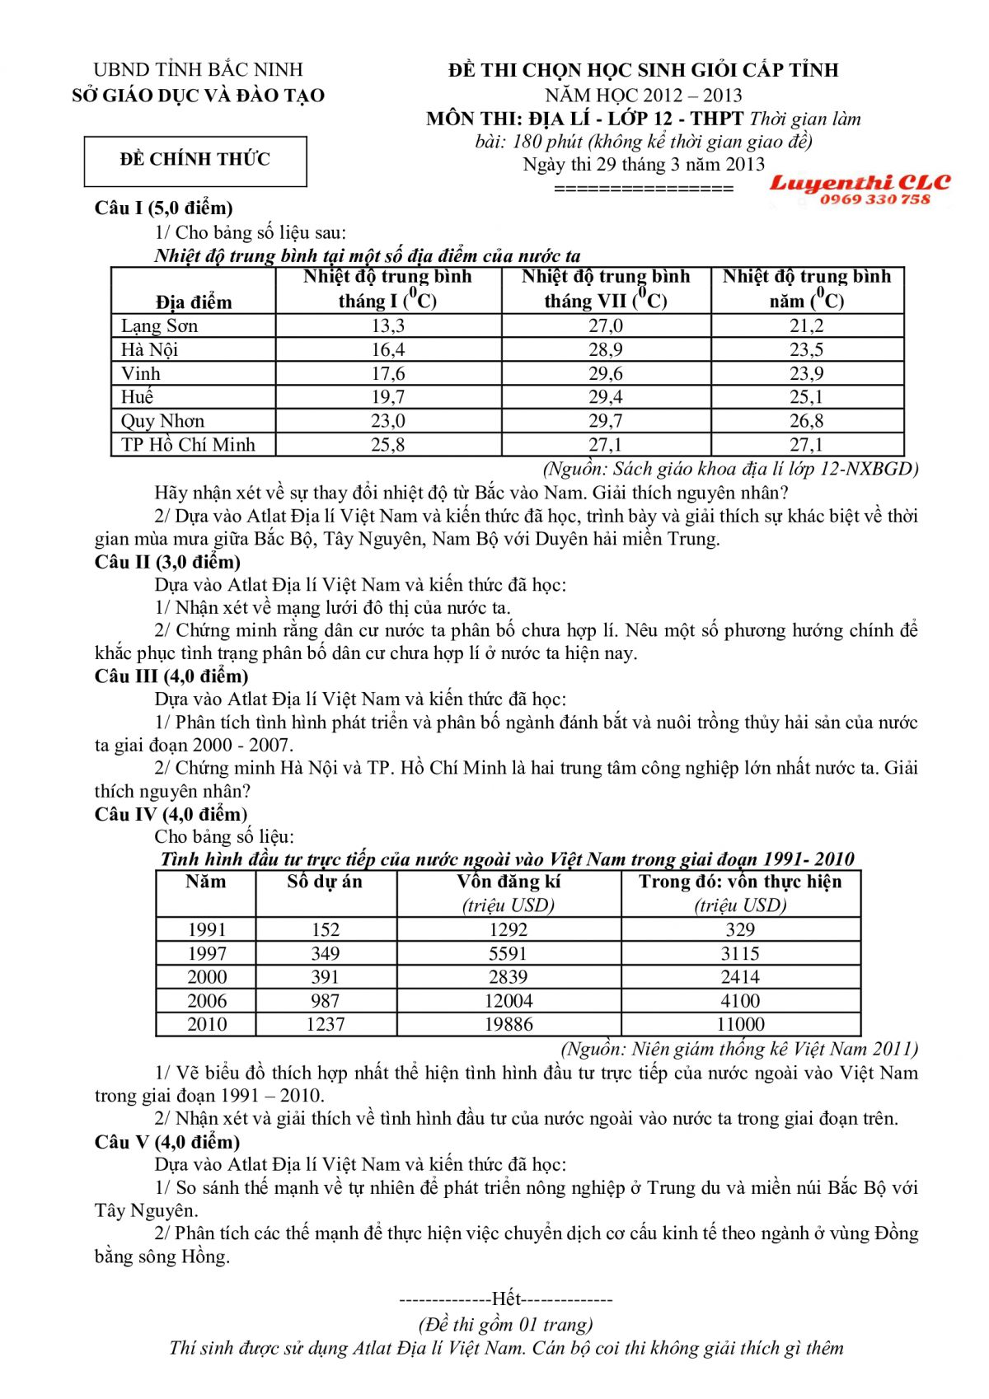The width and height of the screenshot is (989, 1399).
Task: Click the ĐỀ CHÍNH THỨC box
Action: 195,160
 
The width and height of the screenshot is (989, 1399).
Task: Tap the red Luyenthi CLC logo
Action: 860,183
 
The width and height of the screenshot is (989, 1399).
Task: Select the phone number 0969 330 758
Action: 874,199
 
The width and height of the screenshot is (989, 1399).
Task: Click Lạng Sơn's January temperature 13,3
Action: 387,326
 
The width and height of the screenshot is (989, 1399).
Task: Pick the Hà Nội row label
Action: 149,350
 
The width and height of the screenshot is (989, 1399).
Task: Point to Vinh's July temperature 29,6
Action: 606,374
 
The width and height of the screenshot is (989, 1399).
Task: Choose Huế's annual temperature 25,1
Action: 806,397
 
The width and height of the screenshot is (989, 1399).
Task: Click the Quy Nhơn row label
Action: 162,421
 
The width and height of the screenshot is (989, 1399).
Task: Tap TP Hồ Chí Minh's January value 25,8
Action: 387,445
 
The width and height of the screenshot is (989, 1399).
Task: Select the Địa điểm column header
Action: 194,302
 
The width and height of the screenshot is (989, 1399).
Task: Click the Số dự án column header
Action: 325,882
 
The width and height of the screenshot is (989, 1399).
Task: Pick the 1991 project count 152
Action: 325,929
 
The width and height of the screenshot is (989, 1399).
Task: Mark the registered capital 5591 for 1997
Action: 508,953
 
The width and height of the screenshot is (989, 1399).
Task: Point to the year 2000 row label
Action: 206,977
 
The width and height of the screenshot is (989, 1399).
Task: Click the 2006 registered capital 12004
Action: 508,1001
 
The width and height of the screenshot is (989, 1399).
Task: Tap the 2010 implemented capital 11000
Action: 740,1024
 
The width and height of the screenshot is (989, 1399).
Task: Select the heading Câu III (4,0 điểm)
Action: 171,676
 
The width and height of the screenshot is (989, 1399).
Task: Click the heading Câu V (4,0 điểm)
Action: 167,1142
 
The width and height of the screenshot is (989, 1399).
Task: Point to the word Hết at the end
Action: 506,1299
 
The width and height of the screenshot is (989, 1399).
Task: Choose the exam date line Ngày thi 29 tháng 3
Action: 644,164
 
